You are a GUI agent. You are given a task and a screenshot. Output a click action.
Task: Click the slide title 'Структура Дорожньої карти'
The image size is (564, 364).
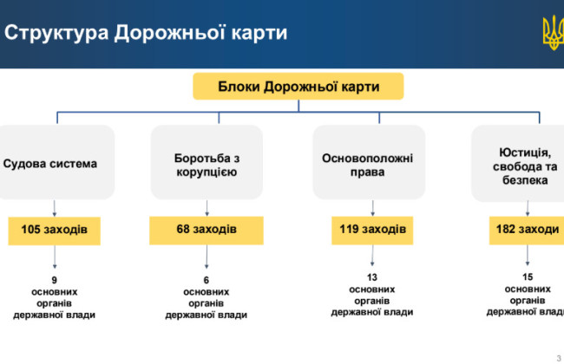[147, 34]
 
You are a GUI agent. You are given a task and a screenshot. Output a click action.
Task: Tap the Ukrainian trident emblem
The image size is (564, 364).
[552, 33]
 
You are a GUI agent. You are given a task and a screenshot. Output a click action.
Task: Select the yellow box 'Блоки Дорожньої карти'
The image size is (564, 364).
[298, 87]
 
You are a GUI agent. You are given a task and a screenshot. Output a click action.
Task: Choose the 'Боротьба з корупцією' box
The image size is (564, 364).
[207, 163]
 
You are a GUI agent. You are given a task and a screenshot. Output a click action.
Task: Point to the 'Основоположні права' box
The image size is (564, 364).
[368, 163]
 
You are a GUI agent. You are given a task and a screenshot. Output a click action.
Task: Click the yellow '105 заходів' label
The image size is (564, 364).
[54, 230]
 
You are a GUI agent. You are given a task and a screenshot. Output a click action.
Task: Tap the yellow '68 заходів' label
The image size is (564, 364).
[207, 230]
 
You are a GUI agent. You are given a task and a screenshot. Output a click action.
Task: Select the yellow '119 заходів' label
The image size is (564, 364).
[371, 230]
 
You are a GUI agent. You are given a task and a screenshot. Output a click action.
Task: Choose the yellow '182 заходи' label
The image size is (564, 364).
[526, 230]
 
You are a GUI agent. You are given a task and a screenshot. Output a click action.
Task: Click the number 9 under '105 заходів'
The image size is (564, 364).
[54, 280]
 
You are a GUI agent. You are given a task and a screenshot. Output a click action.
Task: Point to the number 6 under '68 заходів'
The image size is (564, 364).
[207, 280]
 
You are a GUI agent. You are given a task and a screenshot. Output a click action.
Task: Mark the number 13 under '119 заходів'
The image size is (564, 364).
[372, 276]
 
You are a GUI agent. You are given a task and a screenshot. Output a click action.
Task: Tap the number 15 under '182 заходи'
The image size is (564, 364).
[528, 276]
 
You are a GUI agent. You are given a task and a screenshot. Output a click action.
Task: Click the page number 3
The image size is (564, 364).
[557, 356]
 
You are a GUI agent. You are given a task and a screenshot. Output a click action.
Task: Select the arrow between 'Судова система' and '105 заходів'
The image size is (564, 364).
[55, 209]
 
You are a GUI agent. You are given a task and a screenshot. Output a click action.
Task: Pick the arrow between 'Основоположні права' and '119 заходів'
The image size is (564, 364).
[373, 209]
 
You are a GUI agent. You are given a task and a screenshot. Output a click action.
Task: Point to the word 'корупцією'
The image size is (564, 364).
[207, 172]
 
